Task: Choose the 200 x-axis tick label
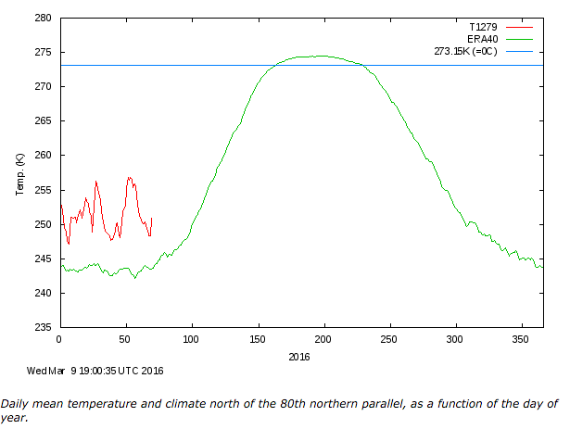coord(323,339)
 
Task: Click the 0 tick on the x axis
coord(59,339)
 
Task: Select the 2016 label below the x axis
coord(298,356)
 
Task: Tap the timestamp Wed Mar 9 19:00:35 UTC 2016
coord(95,371)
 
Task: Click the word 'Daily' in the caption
coord(15,403)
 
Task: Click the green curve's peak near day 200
coord(322,56)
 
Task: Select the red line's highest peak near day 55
coord(130,177)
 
